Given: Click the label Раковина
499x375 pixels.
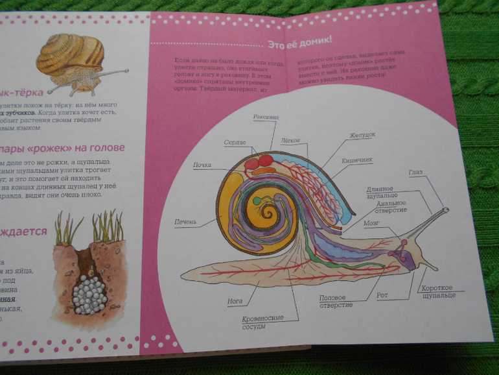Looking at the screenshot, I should [264, 117].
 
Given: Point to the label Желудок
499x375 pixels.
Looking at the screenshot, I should [363, 136].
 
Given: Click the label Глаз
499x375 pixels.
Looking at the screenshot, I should [415, 172].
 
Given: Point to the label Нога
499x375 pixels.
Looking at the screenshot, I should [235, 300].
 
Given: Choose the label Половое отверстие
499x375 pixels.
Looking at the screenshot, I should [336, 302].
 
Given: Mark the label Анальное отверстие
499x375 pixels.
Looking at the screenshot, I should [392, 206].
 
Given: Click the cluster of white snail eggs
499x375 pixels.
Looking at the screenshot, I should [87, 295].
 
